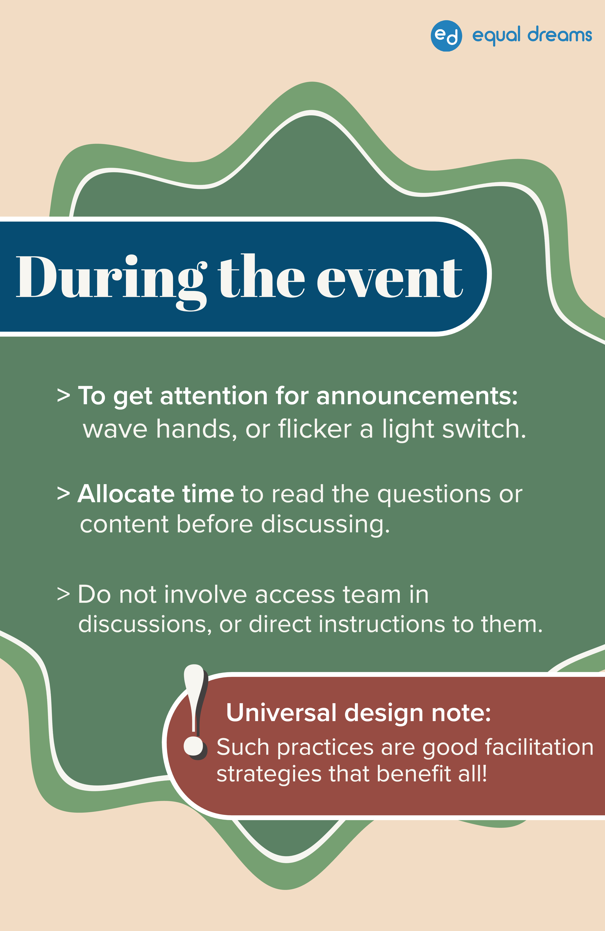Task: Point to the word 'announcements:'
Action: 417,396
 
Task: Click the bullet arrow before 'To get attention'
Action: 63,396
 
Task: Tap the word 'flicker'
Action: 315,429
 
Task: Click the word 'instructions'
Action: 382,624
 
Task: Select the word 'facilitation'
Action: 539,747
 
